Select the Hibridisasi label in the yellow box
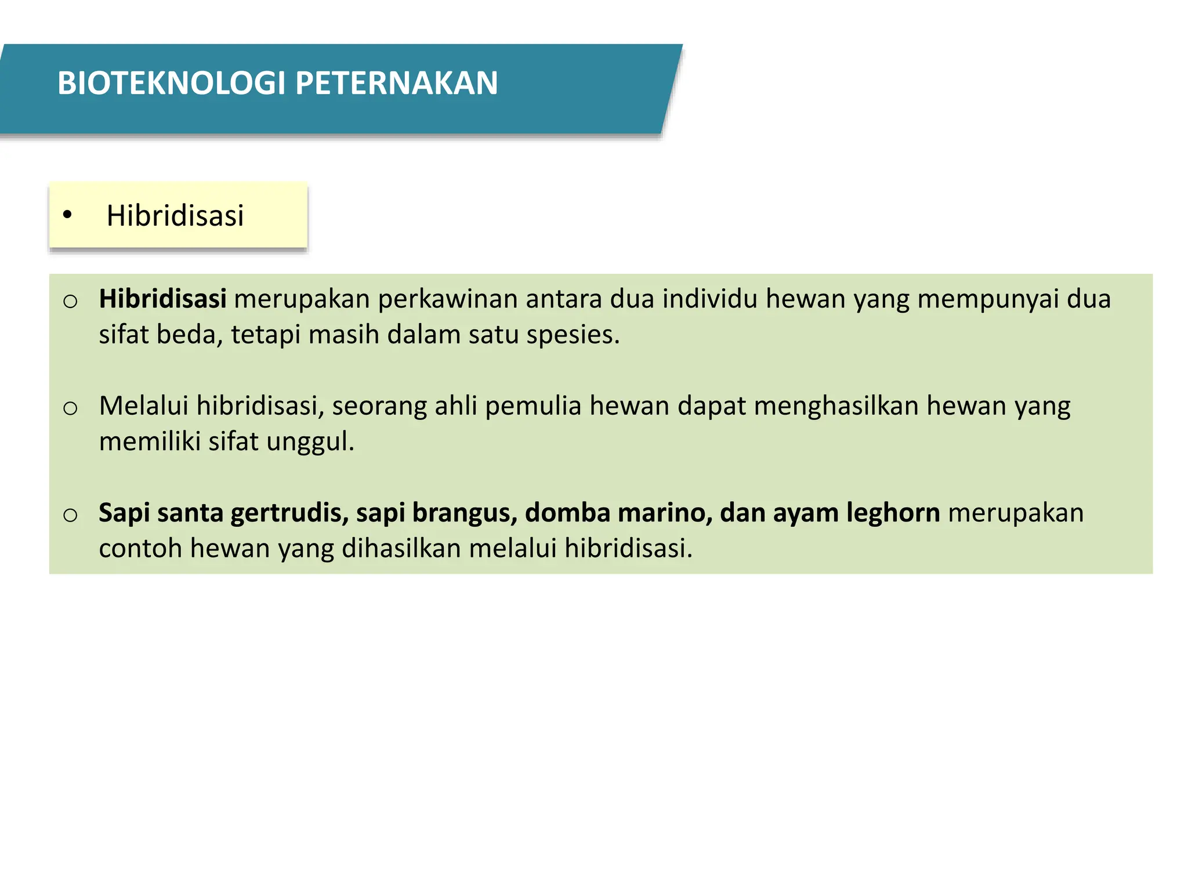[175, 216]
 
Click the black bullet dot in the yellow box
[67, 215]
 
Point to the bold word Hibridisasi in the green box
[162, 299]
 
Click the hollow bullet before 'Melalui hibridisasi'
[70, 408]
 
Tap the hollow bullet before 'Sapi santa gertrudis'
[70, 515]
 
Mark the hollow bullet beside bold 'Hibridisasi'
[70, 301]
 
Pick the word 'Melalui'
[143, 405]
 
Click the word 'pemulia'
[533, 406]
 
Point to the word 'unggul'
[310, 442]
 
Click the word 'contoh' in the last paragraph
[140, 548]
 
